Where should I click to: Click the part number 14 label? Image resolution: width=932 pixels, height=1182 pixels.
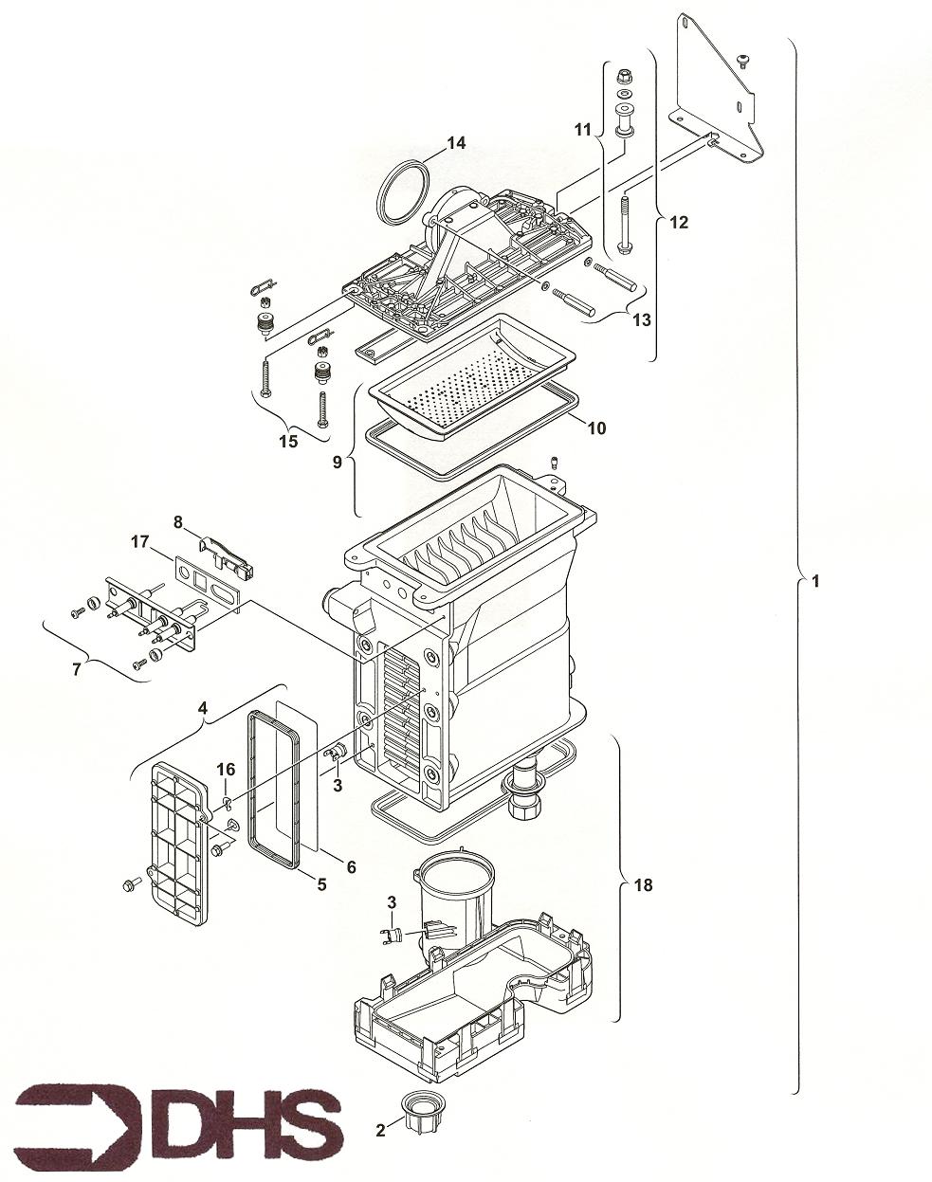456,143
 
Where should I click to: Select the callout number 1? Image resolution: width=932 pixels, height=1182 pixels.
815,581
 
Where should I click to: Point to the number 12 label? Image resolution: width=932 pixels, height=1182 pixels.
679,223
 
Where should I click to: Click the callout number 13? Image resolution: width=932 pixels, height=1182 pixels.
642,319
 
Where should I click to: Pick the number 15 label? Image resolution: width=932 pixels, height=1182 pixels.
288,441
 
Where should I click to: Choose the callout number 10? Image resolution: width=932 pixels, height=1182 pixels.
596,427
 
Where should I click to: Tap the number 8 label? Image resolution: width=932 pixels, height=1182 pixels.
178,522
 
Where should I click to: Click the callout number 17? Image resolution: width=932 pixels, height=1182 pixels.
139,542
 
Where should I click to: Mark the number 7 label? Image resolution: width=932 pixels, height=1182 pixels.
77,669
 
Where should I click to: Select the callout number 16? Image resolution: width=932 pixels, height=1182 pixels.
226,770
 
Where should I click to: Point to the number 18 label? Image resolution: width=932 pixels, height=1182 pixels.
643,885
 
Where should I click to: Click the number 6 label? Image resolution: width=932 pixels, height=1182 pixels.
351,866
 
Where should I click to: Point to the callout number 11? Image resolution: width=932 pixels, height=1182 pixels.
582,130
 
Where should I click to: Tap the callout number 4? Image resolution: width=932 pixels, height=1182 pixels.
203,709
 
